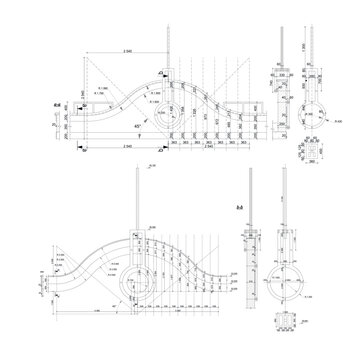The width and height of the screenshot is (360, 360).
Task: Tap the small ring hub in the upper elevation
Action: (x=181, y=115)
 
